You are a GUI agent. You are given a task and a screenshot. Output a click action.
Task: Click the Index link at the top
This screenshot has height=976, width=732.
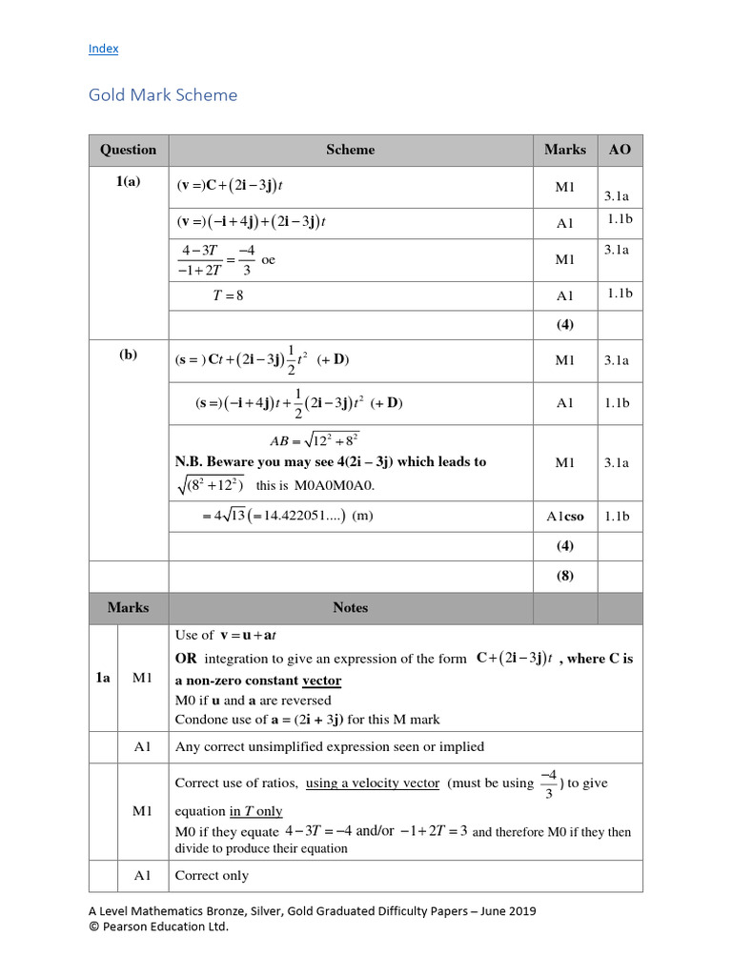click(x=103, y=49)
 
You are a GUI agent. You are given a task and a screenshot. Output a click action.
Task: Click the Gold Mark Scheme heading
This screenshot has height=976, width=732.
click(x=163, y=95)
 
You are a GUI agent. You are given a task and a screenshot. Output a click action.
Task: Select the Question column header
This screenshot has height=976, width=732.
click(x=128, y=150)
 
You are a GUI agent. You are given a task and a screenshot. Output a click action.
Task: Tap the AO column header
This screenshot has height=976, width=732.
click(x=620, y=150)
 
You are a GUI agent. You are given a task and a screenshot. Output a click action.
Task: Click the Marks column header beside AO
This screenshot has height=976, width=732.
click(x=565, y=150)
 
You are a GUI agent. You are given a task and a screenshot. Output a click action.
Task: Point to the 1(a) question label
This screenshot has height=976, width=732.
click(x=128, y=182)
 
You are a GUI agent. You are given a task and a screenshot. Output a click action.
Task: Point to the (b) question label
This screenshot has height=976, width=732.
click(x=128, y=355)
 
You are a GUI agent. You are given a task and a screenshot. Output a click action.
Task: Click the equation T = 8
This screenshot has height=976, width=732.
click(x=228, y=295)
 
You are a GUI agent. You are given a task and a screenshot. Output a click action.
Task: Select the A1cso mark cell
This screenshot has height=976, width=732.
click(x=565, y=516)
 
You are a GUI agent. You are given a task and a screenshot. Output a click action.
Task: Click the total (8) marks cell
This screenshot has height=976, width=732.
click(x=565, y=576)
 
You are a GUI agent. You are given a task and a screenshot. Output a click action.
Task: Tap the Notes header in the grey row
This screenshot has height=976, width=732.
click(x=350, y=607)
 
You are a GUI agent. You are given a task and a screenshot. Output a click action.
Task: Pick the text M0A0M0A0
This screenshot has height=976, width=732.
click(x=335, y=485)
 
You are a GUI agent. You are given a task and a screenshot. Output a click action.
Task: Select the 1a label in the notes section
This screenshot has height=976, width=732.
click(x=103, y=678)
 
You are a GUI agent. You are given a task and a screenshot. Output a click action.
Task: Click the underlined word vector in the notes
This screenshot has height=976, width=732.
click(x=321, y=681)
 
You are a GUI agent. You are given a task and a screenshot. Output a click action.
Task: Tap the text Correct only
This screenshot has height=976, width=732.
click(x=212, y=875)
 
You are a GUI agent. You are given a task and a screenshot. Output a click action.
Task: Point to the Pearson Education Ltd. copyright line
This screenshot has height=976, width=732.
click(x=158, y=925)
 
